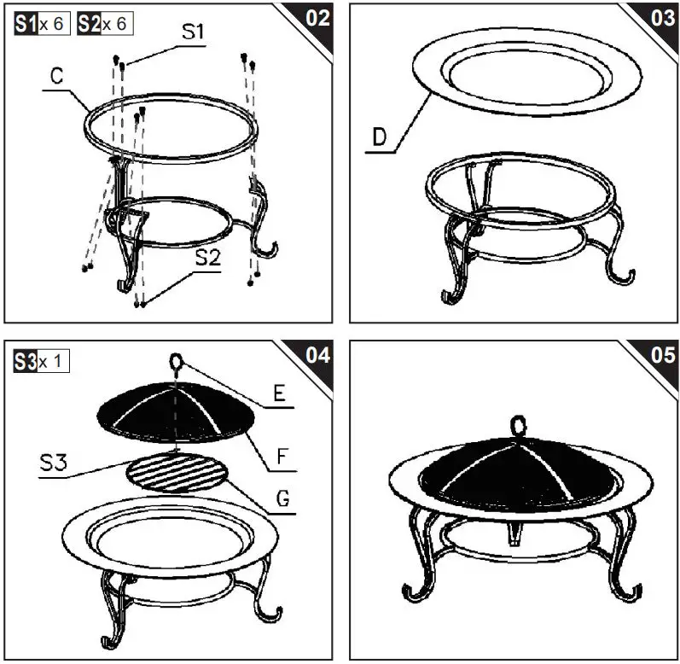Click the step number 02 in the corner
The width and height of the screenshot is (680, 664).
[x=317, y=18]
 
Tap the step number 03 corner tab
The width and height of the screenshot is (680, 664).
[x=663, y=18]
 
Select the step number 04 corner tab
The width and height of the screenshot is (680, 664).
[x=317, y=355]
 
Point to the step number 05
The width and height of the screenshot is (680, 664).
[x=663, y=355]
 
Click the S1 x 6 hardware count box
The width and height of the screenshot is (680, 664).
[x=42, y=23]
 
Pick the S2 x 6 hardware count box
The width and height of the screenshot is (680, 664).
[x=106, y=23]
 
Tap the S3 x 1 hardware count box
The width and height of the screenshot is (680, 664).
[x=41, y=361]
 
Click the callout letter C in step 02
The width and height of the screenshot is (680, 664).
[x=57, y=76]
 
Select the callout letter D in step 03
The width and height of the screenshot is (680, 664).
[x=380, y=137]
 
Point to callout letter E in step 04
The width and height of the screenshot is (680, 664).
[x=279, y=393]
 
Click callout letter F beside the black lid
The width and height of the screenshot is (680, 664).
[x=282, y=457]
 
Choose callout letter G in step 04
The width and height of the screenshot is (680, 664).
[x=282, y=498]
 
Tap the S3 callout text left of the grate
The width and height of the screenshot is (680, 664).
[x=54, y=463]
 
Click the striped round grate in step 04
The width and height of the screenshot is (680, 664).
[x=177, y=472]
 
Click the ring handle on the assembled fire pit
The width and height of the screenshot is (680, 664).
[x=519, y=427]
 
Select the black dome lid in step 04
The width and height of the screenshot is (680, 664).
[x=175, y=411]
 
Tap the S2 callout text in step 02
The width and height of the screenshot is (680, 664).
[x=208, y=258]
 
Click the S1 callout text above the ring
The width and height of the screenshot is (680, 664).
[x=193, y=32]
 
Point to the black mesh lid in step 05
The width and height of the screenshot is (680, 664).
[x=518, y=473]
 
